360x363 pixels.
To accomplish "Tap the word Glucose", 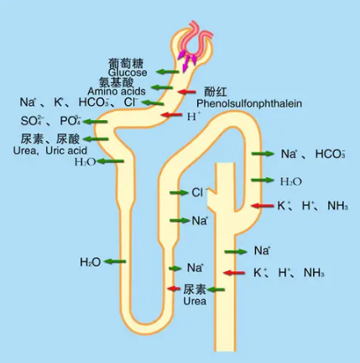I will coord(127,72).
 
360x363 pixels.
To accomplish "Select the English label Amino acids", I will coord(117,91).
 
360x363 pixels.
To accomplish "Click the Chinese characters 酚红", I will coord(216,92).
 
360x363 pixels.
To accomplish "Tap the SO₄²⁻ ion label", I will coord(32,121).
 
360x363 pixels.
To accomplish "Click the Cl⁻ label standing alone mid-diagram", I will coord(199,192).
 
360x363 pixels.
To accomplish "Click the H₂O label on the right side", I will coord(290,181).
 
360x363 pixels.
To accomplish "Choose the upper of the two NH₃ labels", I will coord(337,206).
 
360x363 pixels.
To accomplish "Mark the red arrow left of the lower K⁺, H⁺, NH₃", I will coord(237,273).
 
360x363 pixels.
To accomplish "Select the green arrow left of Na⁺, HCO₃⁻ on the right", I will coord(263,155).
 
